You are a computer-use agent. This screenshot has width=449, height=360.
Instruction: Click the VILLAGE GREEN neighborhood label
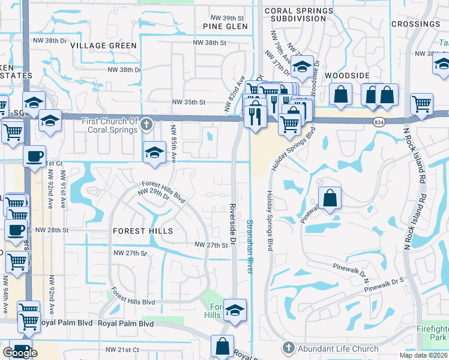point(103,46)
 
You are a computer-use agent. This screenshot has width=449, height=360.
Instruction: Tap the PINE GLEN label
point(225,26)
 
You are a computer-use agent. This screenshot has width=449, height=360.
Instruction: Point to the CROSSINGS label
point(415,24)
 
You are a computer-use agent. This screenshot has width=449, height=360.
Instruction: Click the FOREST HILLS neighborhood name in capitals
point(143,231)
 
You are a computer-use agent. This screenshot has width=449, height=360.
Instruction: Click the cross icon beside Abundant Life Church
point(288,348)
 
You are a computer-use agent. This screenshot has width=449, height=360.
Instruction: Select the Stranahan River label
point(249,247)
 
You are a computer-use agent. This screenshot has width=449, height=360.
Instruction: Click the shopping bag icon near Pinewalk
point(330,198)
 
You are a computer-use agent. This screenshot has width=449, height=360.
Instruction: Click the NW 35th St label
point(189,103)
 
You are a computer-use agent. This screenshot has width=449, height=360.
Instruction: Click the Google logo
point(20,352)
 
